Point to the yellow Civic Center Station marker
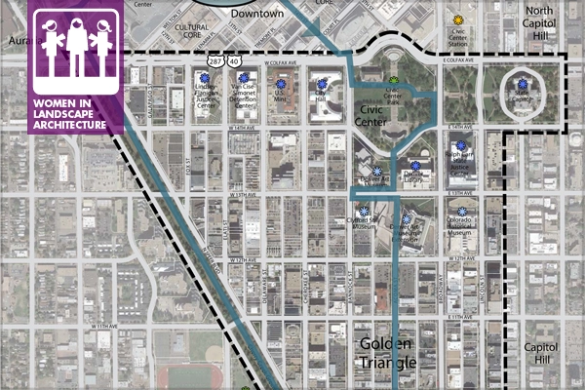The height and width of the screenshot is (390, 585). point(459,19)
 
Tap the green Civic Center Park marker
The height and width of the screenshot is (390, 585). point(394,80)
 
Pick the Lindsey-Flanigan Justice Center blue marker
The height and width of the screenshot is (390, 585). point(205,77)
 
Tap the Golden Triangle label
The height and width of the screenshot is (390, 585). point(388,353)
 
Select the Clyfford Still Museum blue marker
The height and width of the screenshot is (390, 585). point(364,212)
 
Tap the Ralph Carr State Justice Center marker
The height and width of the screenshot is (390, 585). point(461,145)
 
